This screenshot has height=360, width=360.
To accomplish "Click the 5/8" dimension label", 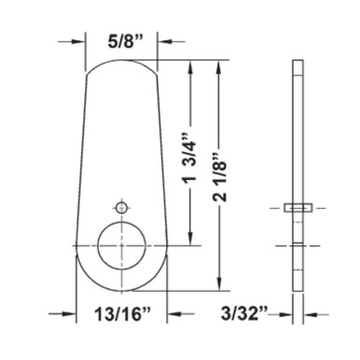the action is [x=121, y=41].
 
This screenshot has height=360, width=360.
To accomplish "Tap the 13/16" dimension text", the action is [x=122, y=314].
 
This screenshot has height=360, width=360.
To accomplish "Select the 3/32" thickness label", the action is [x=244, y=314].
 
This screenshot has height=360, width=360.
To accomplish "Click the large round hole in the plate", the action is [x=121, y=245].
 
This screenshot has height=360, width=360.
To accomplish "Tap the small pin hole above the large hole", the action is [x=121, y=207].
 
